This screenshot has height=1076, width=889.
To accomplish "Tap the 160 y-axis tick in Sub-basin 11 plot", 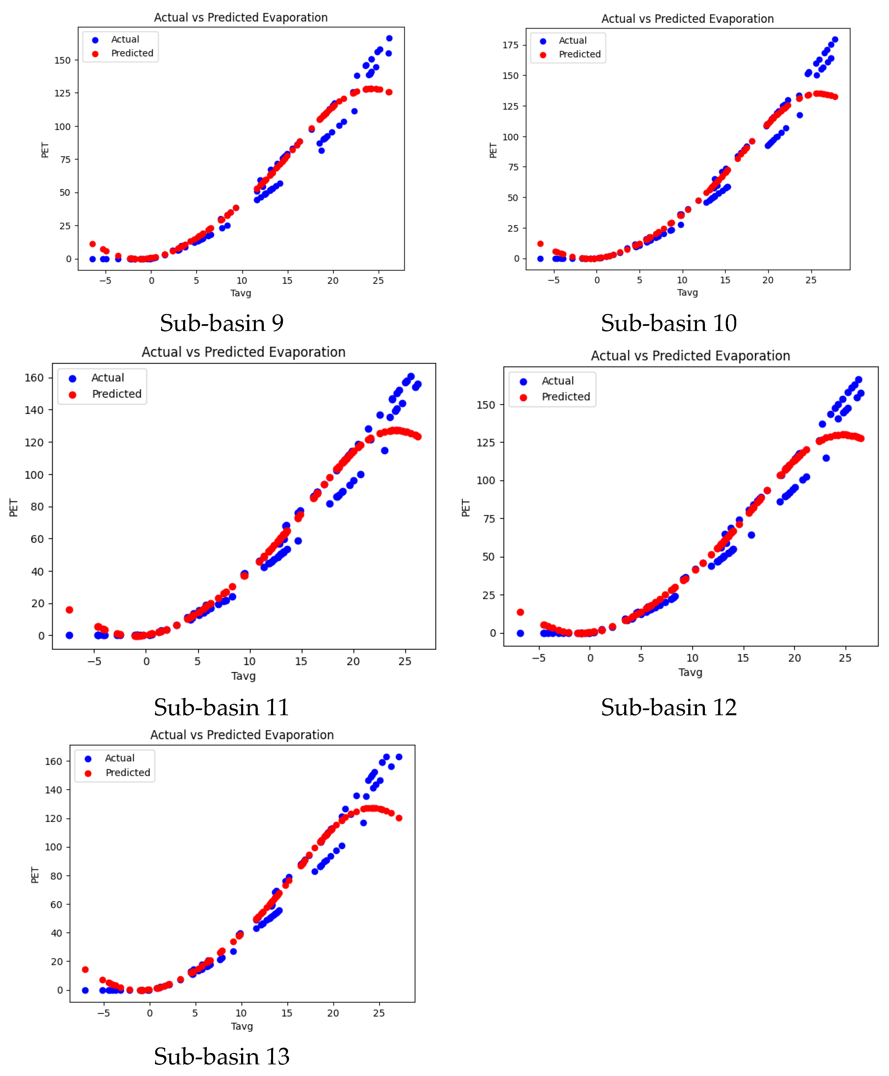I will (34, 377).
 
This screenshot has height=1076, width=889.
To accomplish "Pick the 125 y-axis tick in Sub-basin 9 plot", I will (63, 93).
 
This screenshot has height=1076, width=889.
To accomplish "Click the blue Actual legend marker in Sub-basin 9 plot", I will (95, 40).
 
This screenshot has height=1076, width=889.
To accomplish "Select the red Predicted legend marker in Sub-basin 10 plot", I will (543, 55).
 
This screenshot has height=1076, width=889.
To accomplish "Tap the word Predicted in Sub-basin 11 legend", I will (117, 394).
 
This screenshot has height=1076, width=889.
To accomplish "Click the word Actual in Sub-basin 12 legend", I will (558, 381).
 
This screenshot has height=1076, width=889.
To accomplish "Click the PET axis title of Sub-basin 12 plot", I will (466, 508).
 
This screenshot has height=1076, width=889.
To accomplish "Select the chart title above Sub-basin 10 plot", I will (687, 19).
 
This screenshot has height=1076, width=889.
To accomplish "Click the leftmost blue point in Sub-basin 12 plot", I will (520, 633).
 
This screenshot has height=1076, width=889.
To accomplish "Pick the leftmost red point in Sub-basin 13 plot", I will (86, 970).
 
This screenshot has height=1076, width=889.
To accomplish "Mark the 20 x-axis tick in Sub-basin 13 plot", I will (333, 1013).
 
